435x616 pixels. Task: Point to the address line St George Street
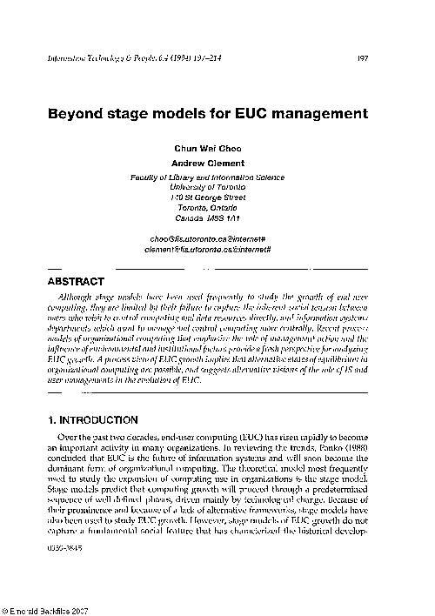210,198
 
